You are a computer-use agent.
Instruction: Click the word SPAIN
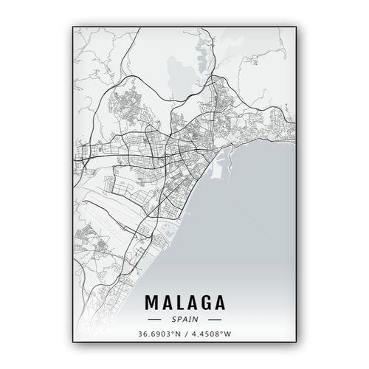point(184,320)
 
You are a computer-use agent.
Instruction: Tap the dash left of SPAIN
point(155,320)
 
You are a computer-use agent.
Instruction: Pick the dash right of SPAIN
point(214,320)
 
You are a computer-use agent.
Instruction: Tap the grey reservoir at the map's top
point(178,74)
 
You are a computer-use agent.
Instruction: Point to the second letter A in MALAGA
point(191,303)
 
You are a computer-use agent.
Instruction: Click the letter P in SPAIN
point(178,320)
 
